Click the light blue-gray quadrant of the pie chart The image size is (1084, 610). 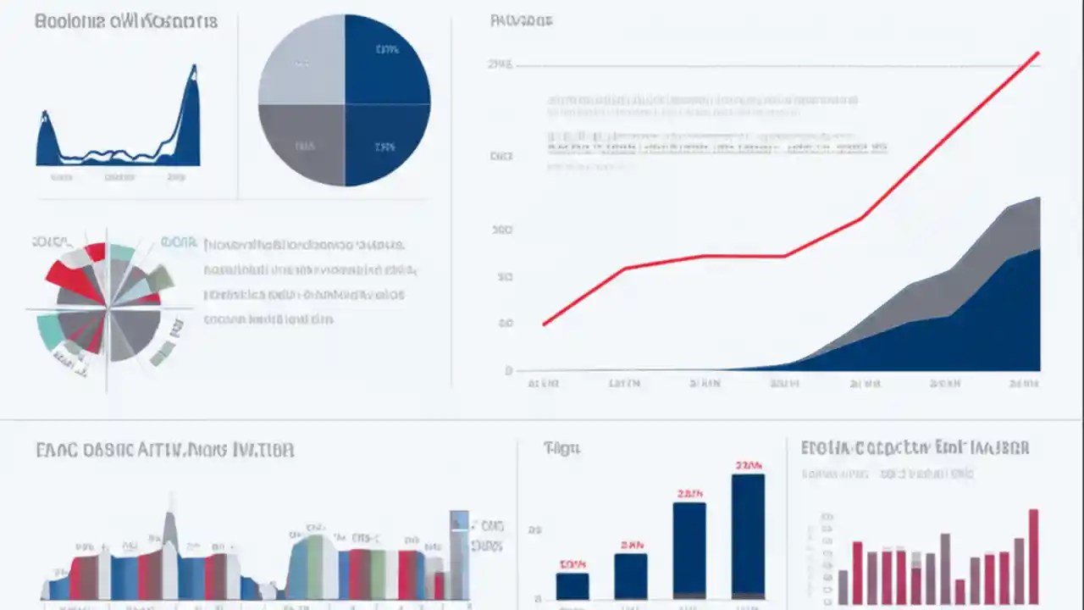[301, 61]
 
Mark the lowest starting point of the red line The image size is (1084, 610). [545, 324]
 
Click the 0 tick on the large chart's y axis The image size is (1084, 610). [508, 370]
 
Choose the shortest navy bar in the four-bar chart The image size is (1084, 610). [572, 586]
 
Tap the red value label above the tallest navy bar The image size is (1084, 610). [749, 465]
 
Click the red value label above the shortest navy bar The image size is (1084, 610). [572, 564]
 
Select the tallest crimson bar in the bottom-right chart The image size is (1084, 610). [1033, 555]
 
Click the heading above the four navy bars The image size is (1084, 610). [562, 448]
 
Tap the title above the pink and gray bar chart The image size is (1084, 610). [915, 447]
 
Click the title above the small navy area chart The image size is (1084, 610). [126, 21]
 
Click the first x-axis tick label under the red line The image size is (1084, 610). [543, 383]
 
